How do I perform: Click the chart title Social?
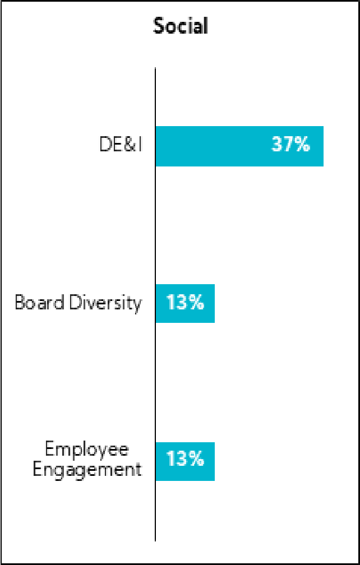181,26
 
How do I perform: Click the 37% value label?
290,145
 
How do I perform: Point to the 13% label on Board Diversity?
184,303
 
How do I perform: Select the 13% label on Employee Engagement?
184,460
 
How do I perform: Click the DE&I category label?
120,145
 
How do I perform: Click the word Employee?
87,450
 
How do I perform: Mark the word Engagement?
87,469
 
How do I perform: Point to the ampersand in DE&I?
126,145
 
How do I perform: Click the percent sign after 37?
302,145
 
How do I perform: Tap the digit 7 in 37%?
289,145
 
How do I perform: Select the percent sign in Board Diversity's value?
195,303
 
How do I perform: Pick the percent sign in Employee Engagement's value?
195,460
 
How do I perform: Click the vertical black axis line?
155,364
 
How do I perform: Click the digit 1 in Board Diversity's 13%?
170,303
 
